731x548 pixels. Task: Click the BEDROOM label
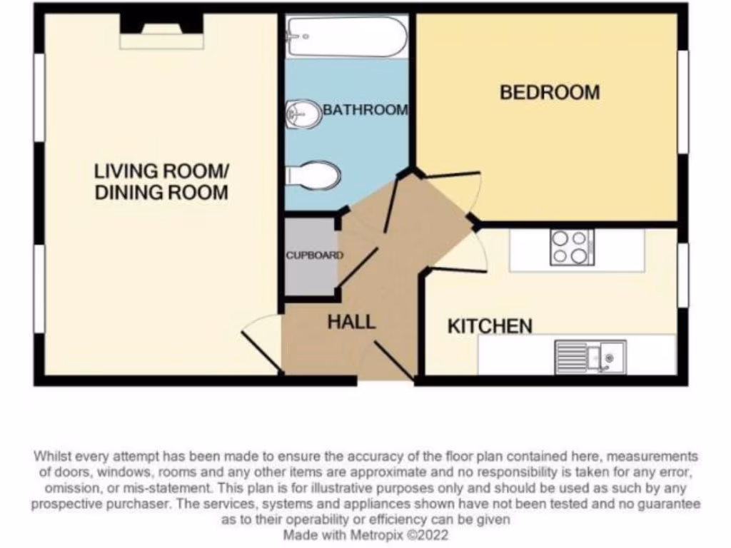(549, 93)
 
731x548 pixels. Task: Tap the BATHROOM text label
(365, 110)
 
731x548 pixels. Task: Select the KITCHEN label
(490, 326)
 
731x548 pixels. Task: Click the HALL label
(351, 322)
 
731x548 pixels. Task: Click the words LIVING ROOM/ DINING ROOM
(161, 181)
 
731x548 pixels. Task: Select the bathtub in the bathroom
(346, 36)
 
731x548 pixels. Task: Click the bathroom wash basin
(303, 114)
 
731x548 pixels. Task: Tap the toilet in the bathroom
(314, 176)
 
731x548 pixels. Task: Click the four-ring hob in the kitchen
(572, 248)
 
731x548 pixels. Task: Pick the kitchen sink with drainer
(590, 357)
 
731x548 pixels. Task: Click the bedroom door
(450, 175)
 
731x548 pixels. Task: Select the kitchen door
(459, 269)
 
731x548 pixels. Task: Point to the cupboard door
(358, 267)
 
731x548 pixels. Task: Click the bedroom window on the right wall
(683, 101)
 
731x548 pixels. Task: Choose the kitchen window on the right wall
(683, 275)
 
